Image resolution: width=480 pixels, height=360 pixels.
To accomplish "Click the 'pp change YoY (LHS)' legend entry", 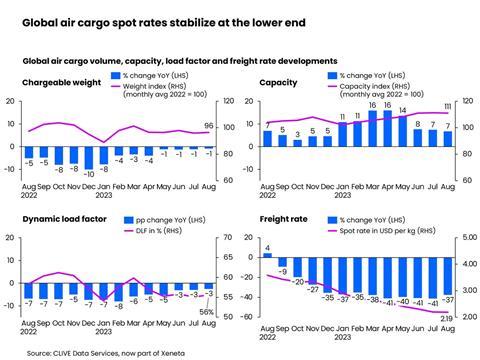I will click(160, 220).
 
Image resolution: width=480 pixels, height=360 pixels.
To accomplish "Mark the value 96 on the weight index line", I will click(208, 126).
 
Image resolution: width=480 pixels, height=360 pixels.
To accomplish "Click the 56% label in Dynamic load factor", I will click(208, 311).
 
